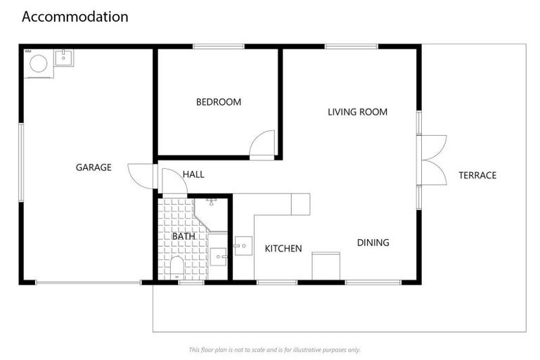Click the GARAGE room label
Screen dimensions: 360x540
click(94, 167)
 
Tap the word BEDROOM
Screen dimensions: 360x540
click(218, 102)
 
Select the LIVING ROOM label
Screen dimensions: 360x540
click(357, 112)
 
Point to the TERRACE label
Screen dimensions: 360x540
click(477, 175)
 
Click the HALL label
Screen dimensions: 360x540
click(193, 174)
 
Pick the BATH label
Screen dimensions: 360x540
click(184, 236)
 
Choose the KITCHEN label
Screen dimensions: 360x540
click(283, 248)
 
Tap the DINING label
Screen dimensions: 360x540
click(373, 243)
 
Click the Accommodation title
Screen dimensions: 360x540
click(75, 17)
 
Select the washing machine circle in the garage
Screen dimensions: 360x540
click(39, 64)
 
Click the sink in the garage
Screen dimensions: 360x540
click(64, 57)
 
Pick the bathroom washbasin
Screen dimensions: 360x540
click(218, 255)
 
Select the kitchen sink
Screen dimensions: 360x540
click(243, 246)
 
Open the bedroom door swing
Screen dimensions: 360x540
click(264, 145)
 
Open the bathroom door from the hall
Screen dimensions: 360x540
click(174, 182)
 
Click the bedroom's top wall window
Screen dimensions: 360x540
click(218, 46)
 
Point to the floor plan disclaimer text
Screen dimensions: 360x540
click(274, 349)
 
